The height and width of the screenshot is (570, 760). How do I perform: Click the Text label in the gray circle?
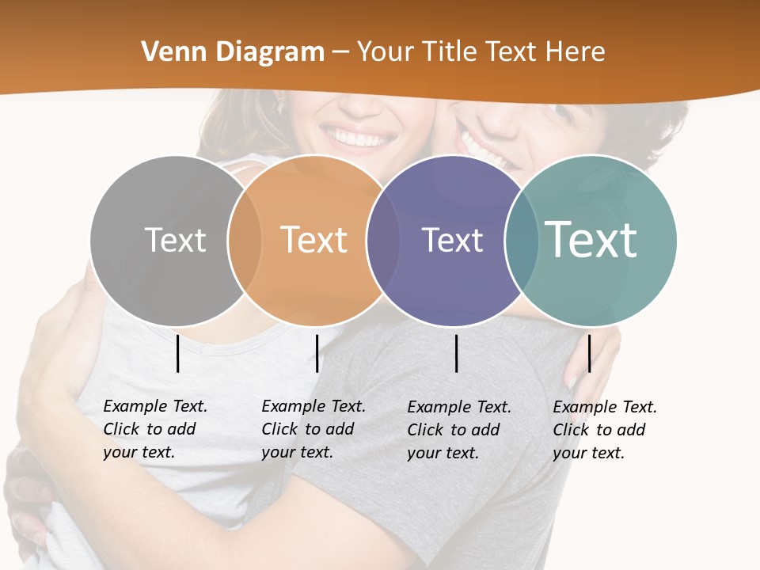[175, 240]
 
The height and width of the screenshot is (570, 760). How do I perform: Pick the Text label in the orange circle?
[314, 240]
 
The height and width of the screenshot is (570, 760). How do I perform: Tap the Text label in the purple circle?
[452, 240]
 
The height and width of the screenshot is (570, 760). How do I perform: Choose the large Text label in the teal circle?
[591, 240]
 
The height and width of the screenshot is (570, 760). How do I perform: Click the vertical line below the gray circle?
[177, 353]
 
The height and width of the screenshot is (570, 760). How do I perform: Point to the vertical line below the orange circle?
[317, 353]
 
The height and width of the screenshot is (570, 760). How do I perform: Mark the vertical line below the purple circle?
[456, 353]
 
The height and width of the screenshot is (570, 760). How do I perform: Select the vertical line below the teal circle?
[589, 353]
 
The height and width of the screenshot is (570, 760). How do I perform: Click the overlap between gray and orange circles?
[245, 240]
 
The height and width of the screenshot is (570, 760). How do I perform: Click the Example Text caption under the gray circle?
[155, 429]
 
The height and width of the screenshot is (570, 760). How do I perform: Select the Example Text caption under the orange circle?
[313, 429]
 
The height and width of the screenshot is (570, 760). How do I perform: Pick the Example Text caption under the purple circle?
[459, 430]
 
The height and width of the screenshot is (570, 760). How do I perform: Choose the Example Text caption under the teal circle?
[605, 430]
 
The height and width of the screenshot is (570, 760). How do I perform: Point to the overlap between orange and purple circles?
[382, 240]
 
